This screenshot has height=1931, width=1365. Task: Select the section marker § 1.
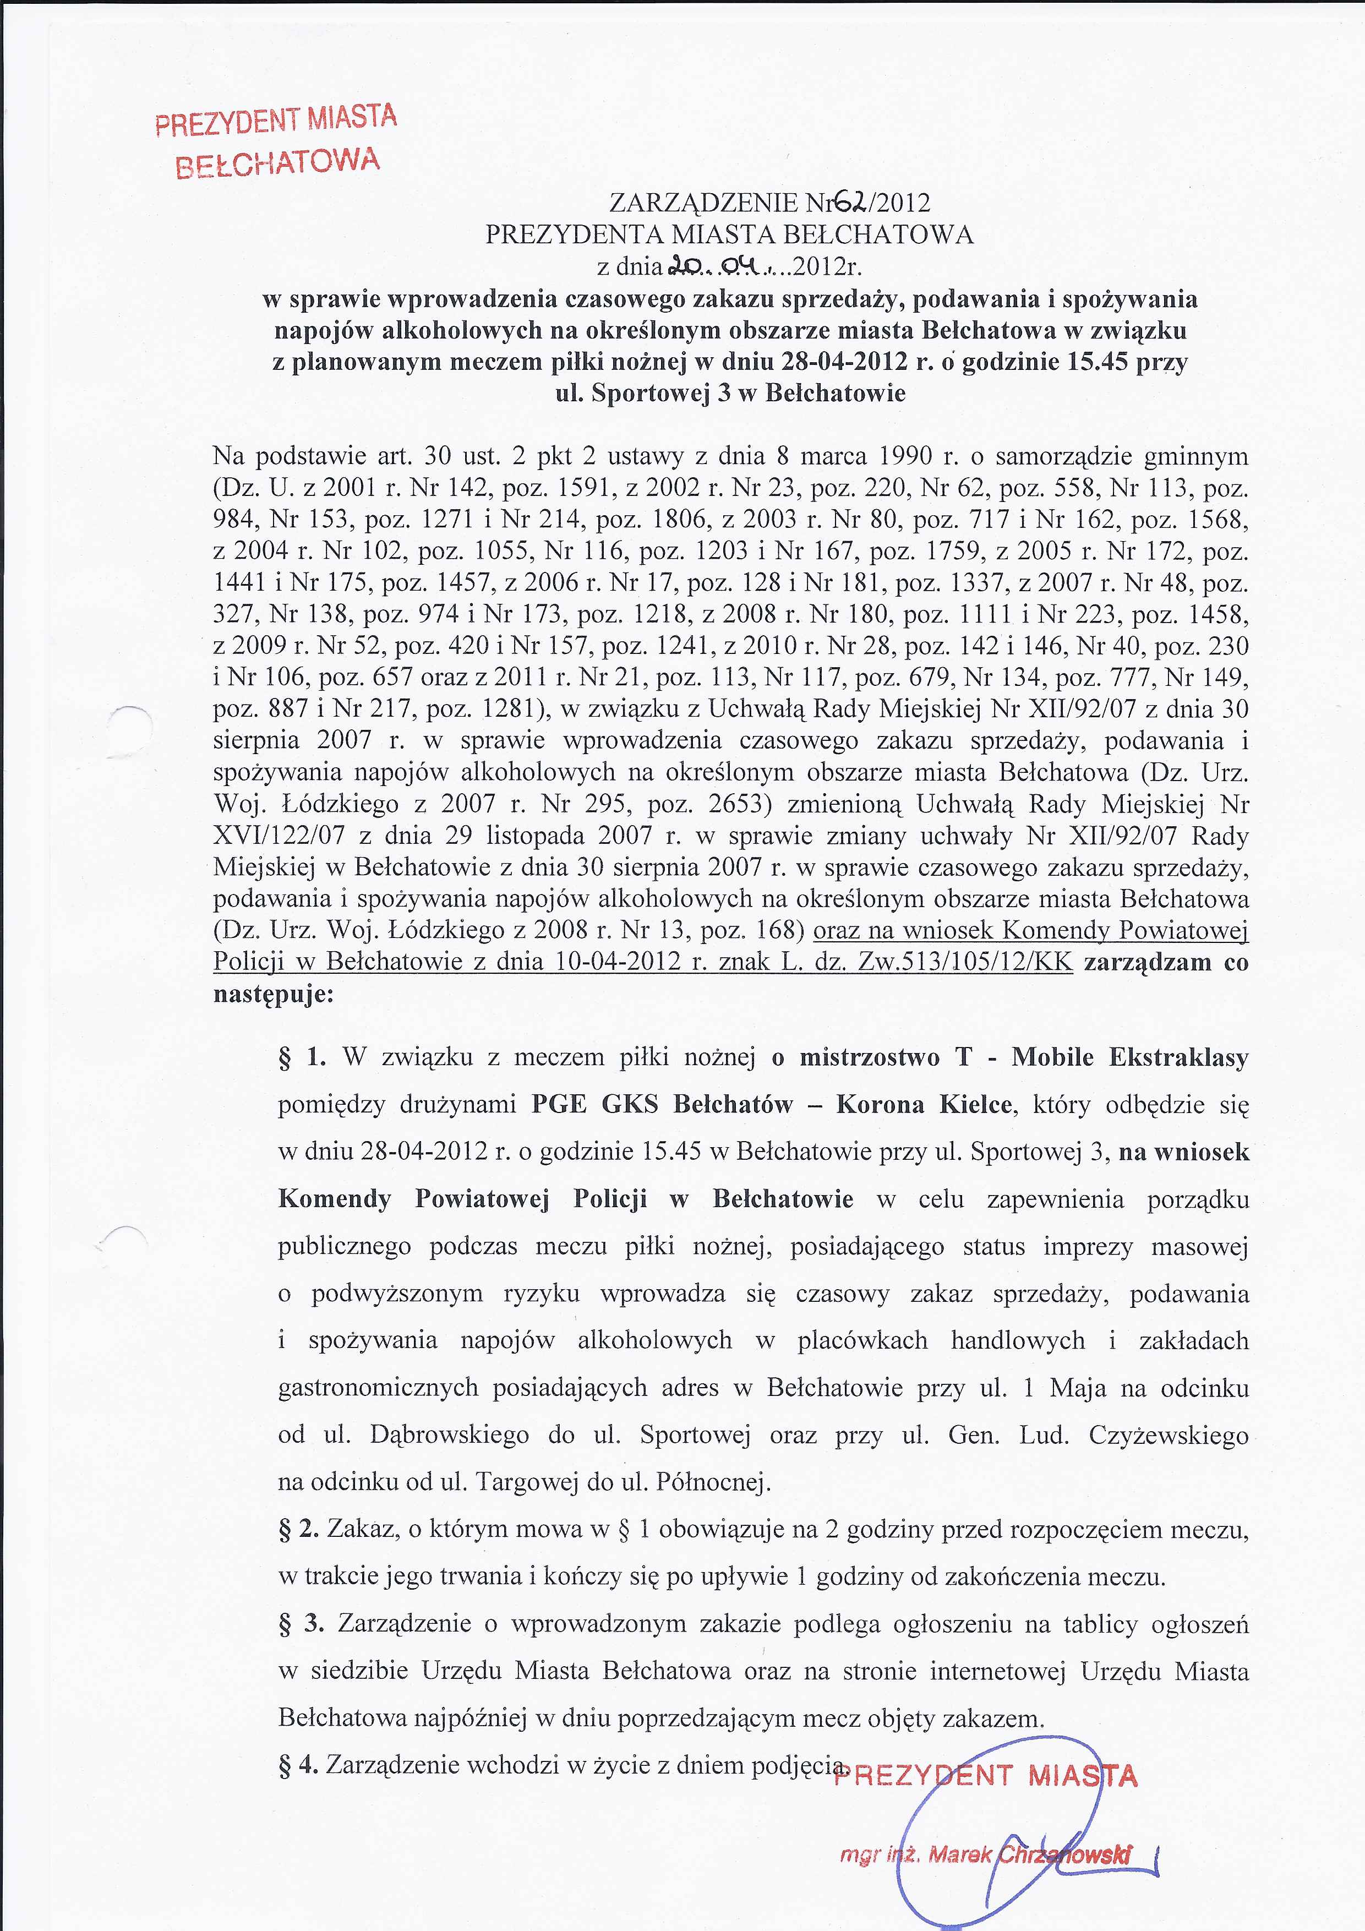(x=302, y=1057)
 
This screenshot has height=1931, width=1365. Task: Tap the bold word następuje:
(x=274, y=994)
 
